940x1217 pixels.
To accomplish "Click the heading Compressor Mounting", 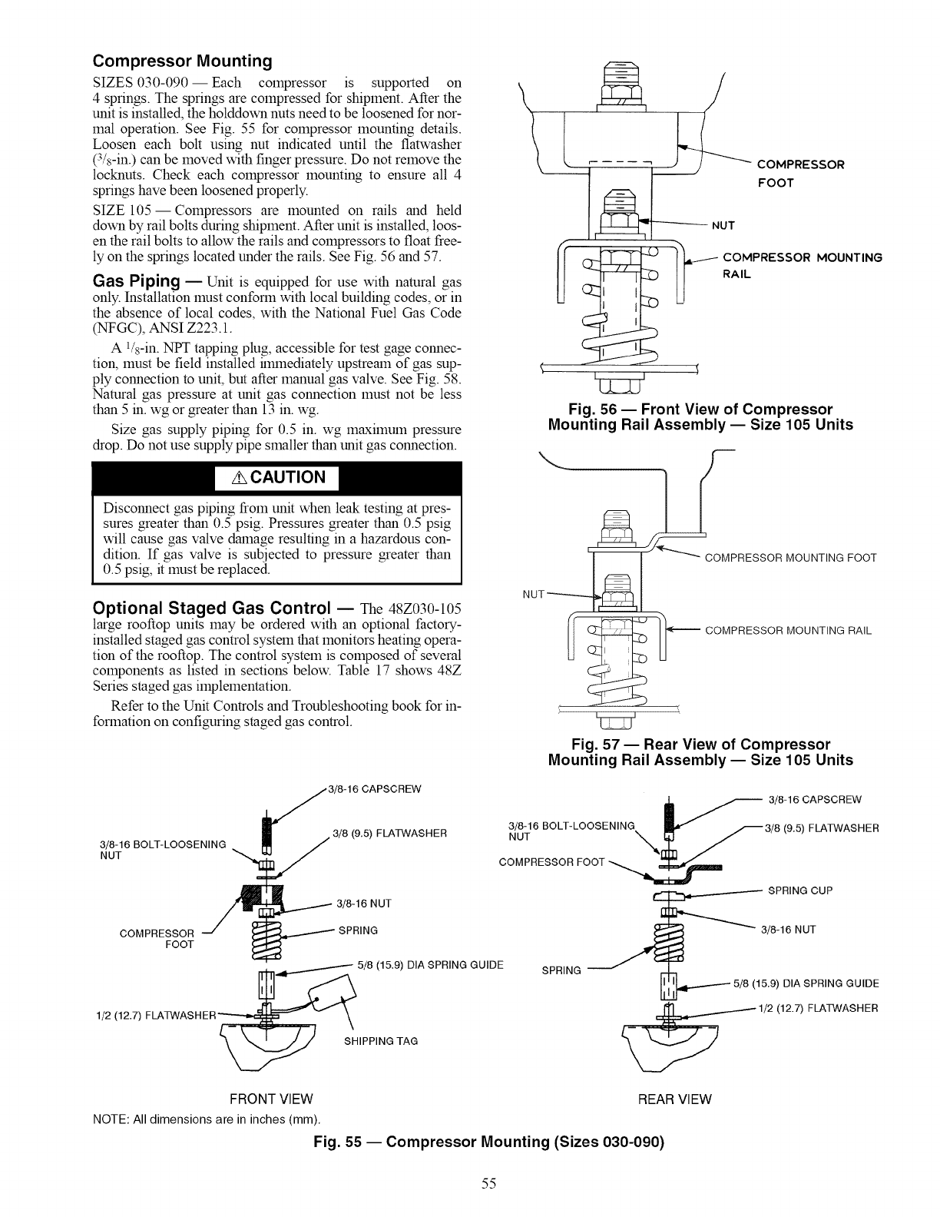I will [x=182, y=61].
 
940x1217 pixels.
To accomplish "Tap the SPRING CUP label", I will [x=800, y=891].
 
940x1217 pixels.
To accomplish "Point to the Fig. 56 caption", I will [x=700, y=416].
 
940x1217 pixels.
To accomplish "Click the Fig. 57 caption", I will [x=700, y=752].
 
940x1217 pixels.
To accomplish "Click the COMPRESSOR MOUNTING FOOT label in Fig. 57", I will [x=790, y=558].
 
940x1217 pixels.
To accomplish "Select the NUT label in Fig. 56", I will [x=723, y=225].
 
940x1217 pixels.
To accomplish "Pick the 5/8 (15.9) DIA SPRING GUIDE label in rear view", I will [x=806, y=983].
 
